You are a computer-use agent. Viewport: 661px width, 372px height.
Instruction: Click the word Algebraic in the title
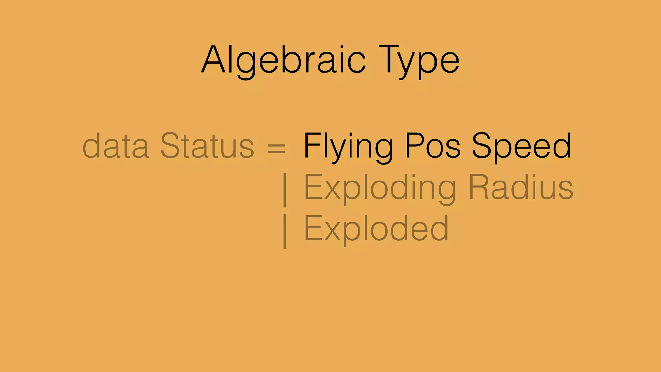click(x=283, y=60)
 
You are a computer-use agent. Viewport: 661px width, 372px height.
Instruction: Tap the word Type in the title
click(x=419, y=60)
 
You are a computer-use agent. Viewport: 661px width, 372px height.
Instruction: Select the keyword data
click(x=116, y=146)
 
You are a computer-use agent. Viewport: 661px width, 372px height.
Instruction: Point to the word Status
click(x=207, y=146)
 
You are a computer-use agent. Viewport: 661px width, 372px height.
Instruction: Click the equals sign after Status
click(x=276, y=148)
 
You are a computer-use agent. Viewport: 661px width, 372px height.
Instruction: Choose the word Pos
click(x=432, y=146)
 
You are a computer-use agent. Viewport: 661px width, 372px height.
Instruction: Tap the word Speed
click(x=522, y=146)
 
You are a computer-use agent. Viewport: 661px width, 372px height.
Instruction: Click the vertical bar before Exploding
click(x=284, y=190)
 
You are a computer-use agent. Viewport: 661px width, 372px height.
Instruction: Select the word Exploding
click(x=380, y=188)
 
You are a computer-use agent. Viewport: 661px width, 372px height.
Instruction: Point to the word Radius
click(x=521, y=187)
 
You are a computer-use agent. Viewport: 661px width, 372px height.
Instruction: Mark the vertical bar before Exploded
click(x=284, y=231)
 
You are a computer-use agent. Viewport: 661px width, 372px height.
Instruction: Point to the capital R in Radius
click(x=480, y=187)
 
